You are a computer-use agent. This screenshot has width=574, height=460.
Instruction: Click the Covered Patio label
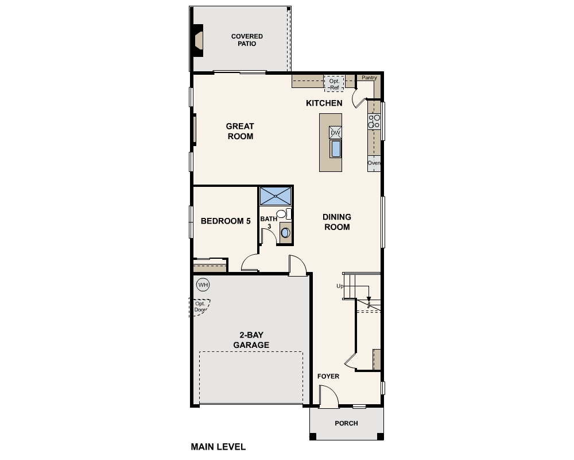pos(247,40)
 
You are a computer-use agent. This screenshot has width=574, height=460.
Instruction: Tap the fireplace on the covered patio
pos(198,40)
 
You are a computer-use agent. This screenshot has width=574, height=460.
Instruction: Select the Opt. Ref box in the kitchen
pos(334,84)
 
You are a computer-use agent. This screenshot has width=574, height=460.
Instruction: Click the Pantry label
pos(369,78)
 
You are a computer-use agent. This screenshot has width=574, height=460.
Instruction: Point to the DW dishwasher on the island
pos(335,133)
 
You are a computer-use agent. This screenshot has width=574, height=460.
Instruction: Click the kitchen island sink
pos(335,148)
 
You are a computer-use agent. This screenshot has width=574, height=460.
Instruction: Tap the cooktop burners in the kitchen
pos(374,121)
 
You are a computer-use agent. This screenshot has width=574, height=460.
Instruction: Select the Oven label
pos(374,163)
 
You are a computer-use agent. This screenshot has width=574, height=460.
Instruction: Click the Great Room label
pos(240,131)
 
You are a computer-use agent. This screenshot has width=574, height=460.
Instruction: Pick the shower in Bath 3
pos(276,196)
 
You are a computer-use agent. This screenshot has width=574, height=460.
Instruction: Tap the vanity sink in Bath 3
pos(285,233)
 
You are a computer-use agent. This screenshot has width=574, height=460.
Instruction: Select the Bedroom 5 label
pos(226,221)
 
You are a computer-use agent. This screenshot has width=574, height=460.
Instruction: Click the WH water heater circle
pos(203,285)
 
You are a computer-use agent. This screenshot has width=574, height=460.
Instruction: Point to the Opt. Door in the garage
pos(200,307)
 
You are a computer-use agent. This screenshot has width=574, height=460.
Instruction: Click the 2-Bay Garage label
pos(251,340)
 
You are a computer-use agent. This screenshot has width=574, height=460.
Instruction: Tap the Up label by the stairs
pos(340,286)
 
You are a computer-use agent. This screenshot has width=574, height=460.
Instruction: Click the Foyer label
pos(328,377)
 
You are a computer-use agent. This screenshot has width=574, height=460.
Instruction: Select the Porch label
pos(346,423)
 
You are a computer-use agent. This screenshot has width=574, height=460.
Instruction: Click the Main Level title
pos(218,447)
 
